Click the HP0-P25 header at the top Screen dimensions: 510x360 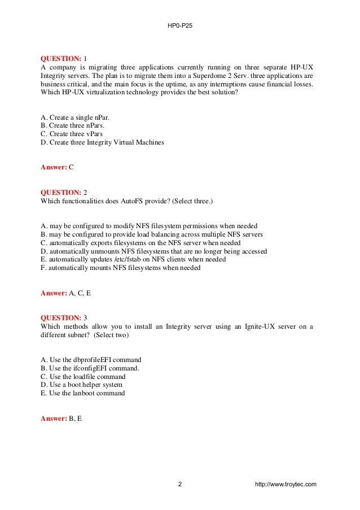tap(179, 26)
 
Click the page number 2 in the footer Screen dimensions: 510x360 tap(180, 484)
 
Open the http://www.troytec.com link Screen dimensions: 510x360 tap(286, 484)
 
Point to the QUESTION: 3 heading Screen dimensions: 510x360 tap(64, 318)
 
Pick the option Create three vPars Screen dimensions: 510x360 tap(76, 134)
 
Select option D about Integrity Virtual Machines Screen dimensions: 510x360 tap(103, 142)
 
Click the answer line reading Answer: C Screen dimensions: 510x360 tap(58, 167)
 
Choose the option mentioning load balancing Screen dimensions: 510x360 tap(152, 234)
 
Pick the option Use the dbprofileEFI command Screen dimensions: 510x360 tap(91, 360)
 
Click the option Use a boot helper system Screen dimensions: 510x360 tap(82, 385)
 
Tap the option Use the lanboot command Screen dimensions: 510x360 tap(84, 393)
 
